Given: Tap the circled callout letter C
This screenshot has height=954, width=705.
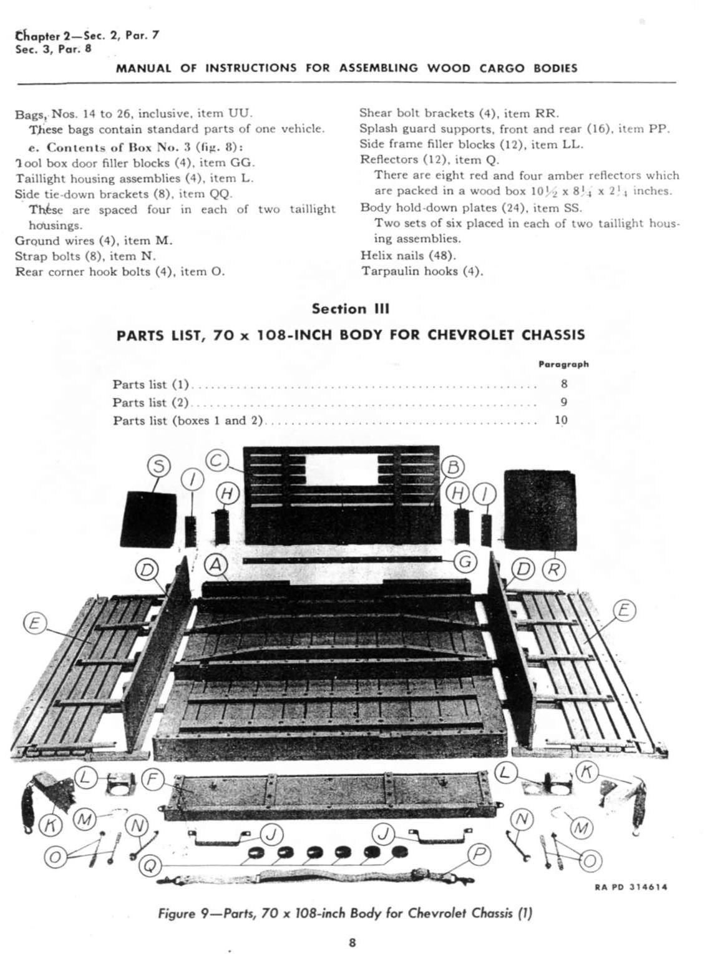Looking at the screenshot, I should (216, 461).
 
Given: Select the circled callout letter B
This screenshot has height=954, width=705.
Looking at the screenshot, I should (453, 467).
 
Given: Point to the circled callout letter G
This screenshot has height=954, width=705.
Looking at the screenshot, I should (465, 562).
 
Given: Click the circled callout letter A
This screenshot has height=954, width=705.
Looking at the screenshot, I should (216, 565).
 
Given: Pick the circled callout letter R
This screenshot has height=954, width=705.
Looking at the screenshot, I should (553, 569).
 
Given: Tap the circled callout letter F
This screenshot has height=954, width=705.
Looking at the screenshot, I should (152, 779).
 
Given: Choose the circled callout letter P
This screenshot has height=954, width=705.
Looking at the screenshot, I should (479, 853).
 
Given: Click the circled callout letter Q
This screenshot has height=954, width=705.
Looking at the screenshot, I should (150, 865).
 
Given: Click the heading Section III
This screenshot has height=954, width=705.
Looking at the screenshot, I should (351, 308).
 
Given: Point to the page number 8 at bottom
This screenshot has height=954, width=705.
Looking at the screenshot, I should (352, 942).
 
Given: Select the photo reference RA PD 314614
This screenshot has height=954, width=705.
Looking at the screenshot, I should (630, 887).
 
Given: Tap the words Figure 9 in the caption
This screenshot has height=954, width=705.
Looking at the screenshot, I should (177, 913).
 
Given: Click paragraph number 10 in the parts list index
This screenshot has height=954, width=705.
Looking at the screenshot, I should (561, 420).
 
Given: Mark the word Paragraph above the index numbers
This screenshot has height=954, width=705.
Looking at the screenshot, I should (563, 364).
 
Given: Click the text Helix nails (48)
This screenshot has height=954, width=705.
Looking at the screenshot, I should (408, 255).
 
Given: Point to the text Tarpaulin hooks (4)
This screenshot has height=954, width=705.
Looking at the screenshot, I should (422, 271).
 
